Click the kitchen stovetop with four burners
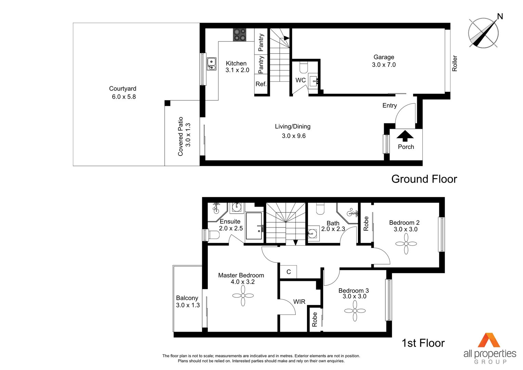click(x=240, y=35)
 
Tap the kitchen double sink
click(x=212, y=64)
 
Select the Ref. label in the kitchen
click(x=261, y=84)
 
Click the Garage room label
click(x=384, y=57)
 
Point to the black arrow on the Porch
click(x=405, y=136)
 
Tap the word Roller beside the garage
click(x=455, y=63)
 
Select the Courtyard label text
click(x=123, y=89)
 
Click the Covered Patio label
click(x=181, y=136)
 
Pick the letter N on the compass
click(x=500, y=16)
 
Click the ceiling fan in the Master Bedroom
click(x=243, y=296)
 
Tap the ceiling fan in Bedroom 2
click(x=406, y=244)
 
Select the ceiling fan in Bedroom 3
click(x=355, y=311)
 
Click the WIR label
click(x=299, y=302)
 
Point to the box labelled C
click(x=289, y=272)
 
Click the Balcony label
click(x=187, y=298)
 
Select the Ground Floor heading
click(x=424, y=179)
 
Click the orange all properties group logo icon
click(x=489, y=340)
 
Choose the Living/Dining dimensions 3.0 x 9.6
click(x=294, y=136)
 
